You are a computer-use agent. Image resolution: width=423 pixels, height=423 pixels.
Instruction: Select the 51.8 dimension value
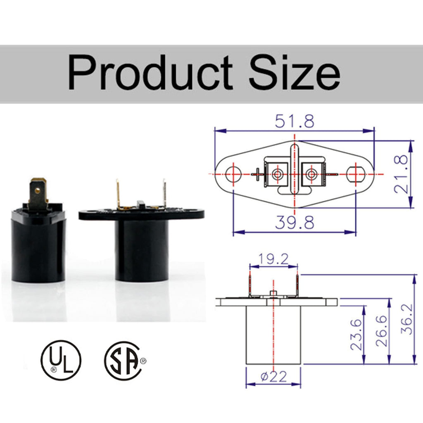tap(295, 121)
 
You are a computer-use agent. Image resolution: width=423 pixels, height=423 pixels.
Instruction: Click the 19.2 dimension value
tap(273, 259)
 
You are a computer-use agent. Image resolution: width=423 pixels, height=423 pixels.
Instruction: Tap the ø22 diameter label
tap(274, 376)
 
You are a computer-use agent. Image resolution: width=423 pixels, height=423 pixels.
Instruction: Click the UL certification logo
tap(61, 360)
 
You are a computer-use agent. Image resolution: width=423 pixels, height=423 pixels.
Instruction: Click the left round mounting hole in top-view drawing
tap(233, 174)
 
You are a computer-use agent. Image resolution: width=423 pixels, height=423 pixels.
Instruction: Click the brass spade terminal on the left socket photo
tap(38, 193)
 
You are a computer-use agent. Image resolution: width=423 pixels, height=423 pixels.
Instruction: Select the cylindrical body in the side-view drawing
tap(273, 335)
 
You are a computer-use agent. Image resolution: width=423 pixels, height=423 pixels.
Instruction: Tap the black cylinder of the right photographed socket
tap(141, 250)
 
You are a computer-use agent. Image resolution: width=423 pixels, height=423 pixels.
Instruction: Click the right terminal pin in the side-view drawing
tap(297, 285)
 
